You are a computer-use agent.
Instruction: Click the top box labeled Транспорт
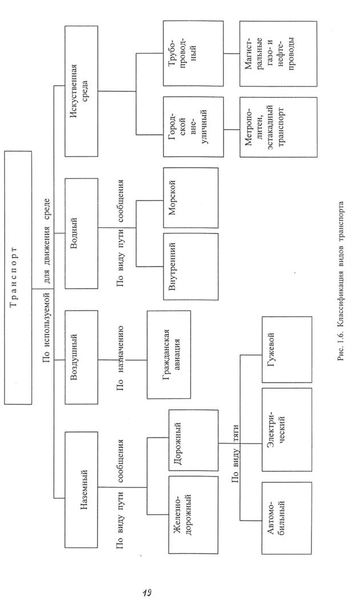18,277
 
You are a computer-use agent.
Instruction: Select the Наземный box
81,490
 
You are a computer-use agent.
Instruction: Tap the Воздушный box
81,357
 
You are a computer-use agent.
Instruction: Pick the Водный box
81,233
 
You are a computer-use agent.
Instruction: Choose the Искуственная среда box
81,91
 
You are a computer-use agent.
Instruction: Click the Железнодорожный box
193,515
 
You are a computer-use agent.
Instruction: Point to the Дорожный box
193,441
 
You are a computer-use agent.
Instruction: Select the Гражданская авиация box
169,354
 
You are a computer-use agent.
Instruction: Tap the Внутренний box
191,267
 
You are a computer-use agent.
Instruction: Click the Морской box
191,198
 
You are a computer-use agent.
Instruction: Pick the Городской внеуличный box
193,127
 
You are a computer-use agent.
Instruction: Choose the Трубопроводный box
193,53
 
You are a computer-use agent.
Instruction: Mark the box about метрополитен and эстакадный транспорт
278,127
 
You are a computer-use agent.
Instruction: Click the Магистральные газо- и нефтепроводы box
278,54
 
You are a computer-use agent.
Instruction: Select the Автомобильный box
287,518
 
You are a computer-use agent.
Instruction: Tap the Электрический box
287,429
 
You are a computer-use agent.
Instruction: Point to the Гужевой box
287,349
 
